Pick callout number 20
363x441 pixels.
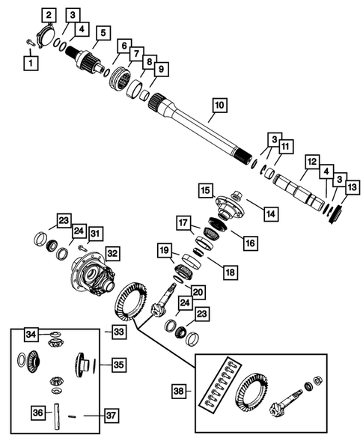click(x=198, y=291)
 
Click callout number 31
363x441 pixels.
click(x=95, y=234)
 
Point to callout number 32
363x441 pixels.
click(x=112, y=253)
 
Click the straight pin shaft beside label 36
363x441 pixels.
click(x=58, y=413)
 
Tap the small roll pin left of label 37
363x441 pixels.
click(x=73, y=414)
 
